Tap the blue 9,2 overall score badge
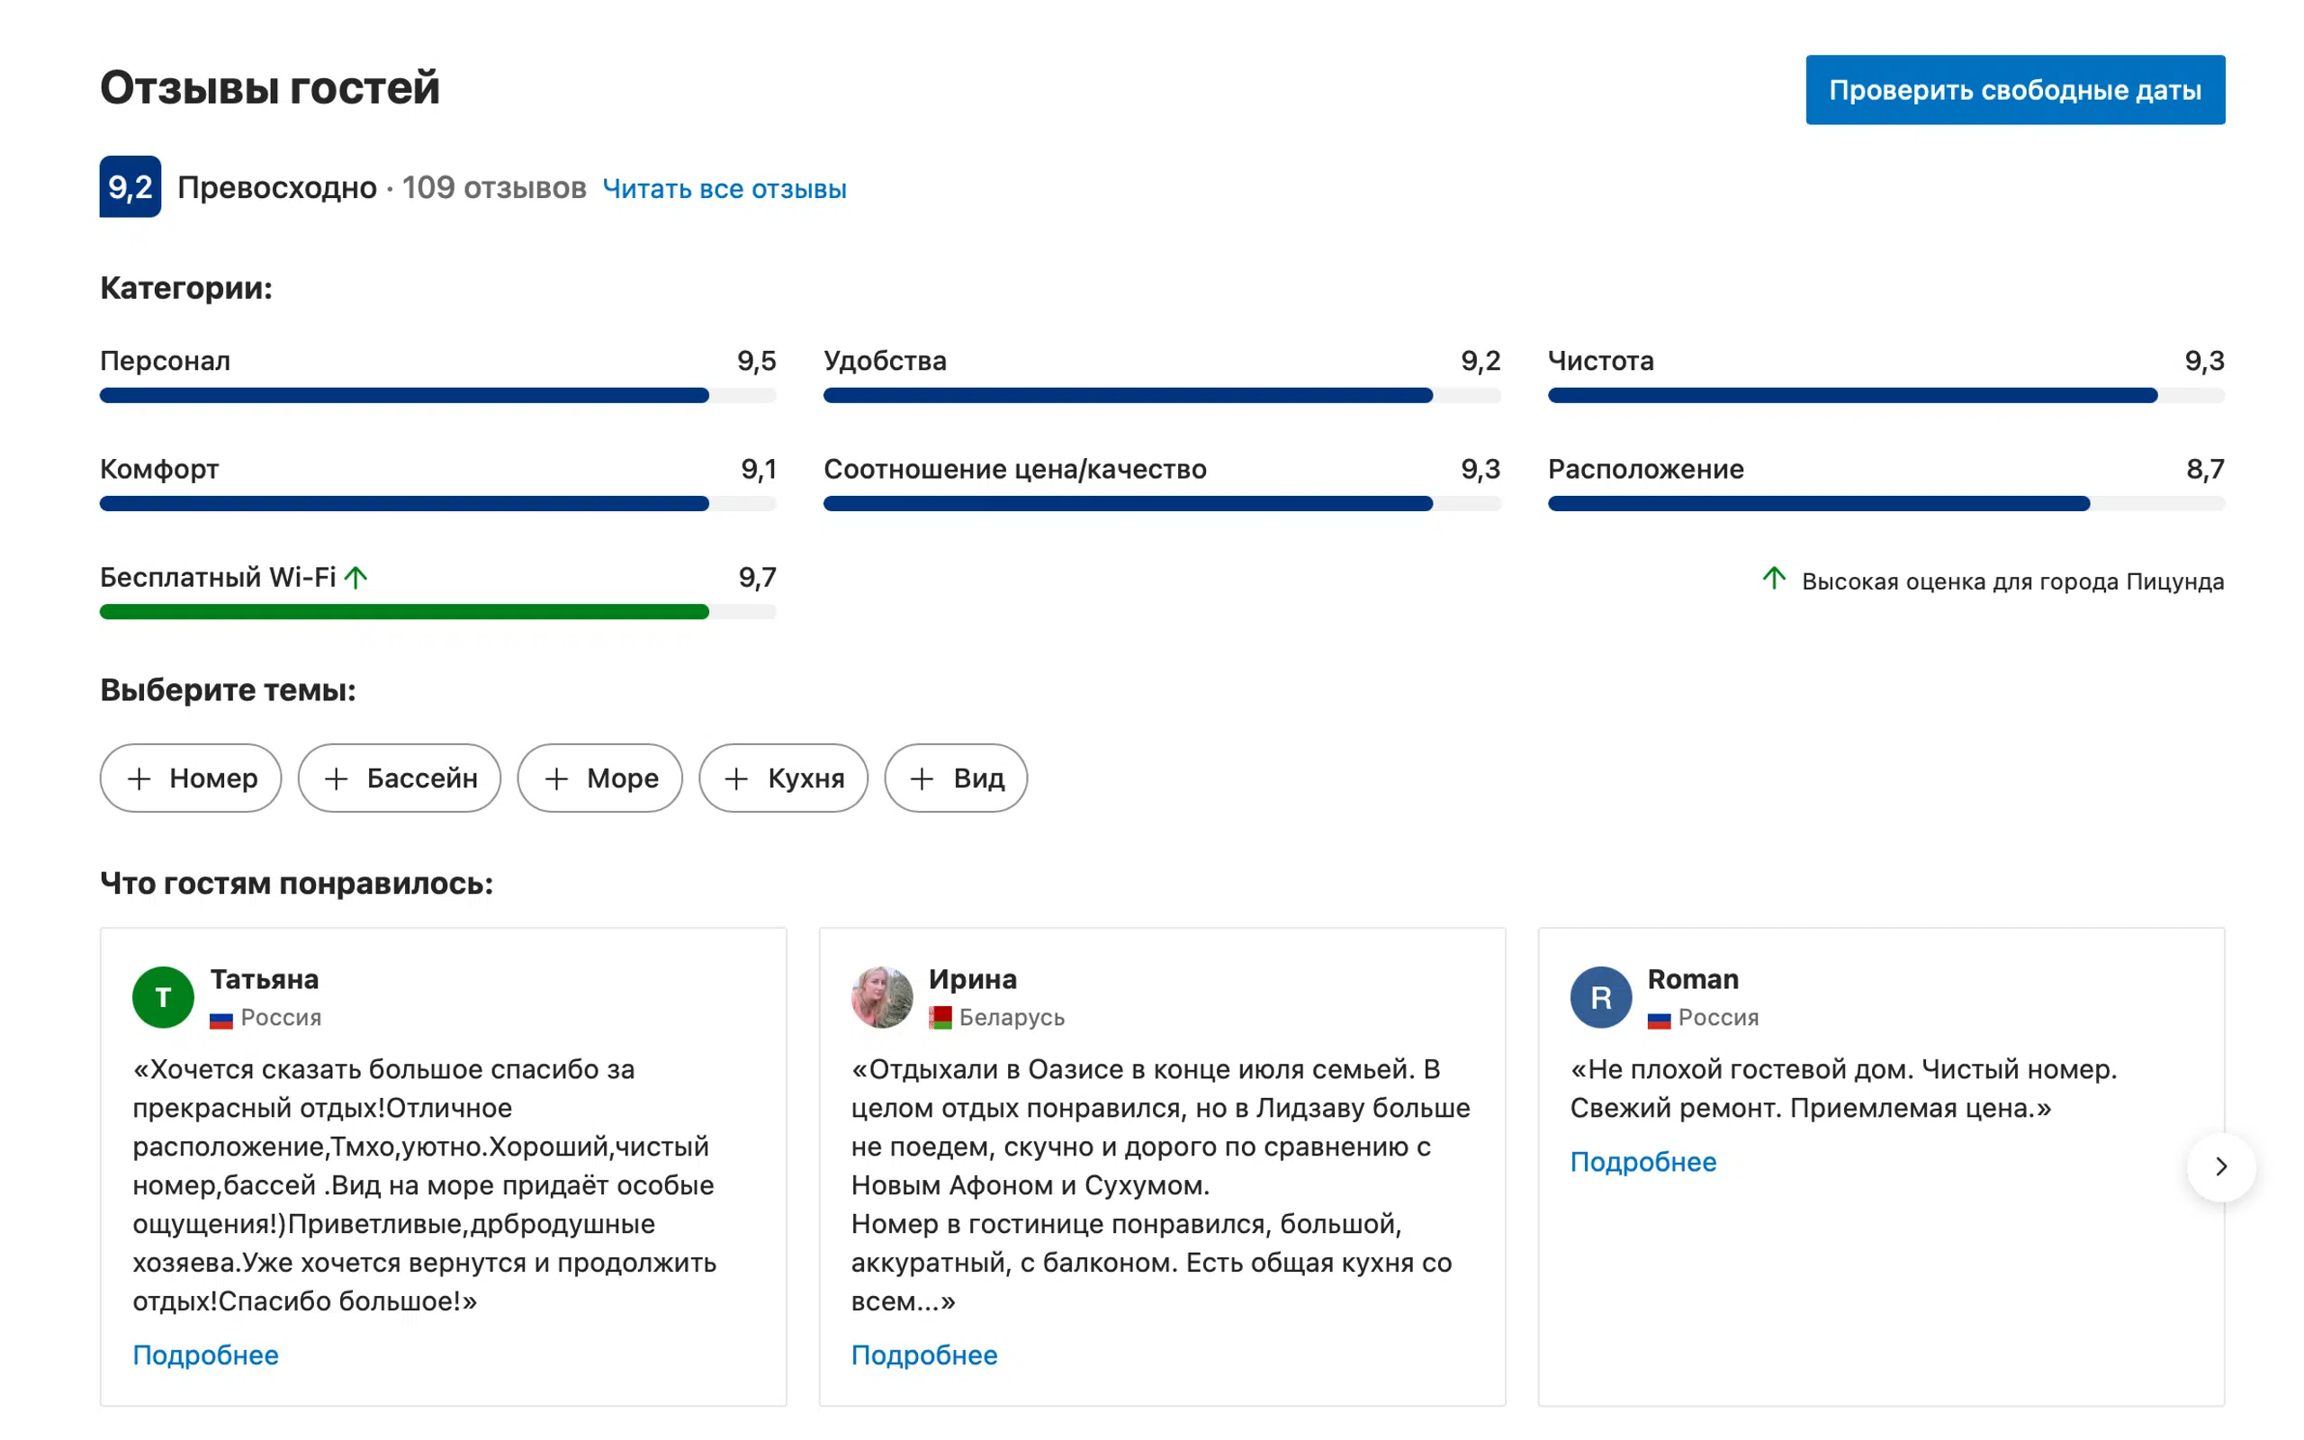[130, 186]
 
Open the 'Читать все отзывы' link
[724, 189]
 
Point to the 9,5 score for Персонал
[756, 361]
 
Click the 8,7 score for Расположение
[2205, 469]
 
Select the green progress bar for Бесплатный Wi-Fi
[405, 611]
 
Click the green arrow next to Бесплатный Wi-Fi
[356, 577]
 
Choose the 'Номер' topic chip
[191, 778]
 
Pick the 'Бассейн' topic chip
[400, 778]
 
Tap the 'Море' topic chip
[599, 778]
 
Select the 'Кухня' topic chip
[784, 778]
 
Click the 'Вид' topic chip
[956, 778]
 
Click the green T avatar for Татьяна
[163, 997]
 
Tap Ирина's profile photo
[882, 997]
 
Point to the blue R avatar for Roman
[1600, 997]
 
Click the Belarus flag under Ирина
[940, 1018]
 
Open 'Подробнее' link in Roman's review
[1643, 1162]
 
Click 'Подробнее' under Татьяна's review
[205, 1355]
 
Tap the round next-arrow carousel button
[2221, 1166]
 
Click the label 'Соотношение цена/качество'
[1015, 469]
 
